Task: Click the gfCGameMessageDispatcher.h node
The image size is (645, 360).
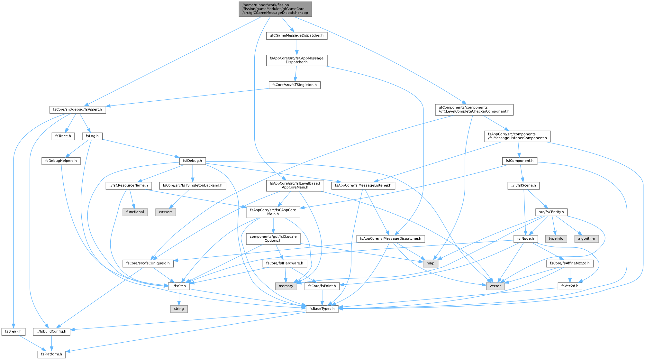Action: tap(297, 35)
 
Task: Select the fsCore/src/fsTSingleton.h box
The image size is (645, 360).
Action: tap(295, 85)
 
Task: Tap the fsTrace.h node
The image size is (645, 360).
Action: tap(63, 136)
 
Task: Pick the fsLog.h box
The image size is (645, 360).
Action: tap(92, 136)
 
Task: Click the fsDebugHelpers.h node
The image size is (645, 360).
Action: tap(61, 161)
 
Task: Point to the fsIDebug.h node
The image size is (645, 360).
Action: tap(192, 161)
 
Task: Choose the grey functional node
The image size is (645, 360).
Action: tap(135, 212)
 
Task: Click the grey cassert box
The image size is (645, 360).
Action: tap(166, 212)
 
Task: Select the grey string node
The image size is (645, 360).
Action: tap(179, 309)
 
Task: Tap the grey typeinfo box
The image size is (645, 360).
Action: tap(556, 239)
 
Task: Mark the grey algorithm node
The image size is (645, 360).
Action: tap(586, 239)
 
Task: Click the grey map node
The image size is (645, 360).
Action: tap(430, 263)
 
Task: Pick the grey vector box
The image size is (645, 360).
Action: tap(495, 286)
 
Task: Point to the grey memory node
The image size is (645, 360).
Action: tap(286, 286)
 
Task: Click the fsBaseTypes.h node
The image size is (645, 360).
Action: tap(322, 309)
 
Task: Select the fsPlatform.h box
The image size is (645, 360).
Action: tap(52, 354)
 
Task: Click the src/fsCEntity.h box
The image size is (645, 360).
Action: tap(551, 212)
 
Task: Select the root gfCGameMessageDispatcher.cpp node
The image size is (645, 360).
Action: tap(275, 9)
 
